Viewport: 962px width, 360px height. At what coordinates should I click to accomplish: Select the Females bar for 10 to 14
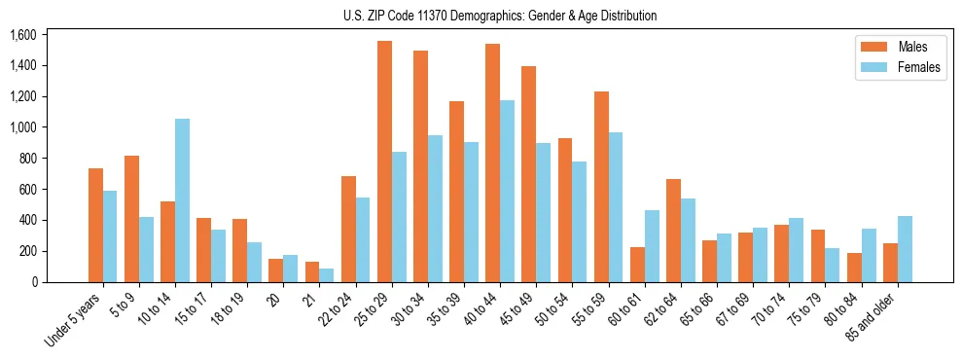pos(182,200)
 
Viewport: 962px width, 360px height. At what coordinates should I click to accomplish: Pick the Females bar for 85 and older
pos(905,249)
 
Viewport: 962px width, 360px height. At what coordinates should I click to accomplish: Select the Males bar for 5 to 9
pos(132,219)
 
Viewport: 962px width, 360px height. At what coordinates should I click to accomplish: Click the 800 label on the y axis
pos(27,159)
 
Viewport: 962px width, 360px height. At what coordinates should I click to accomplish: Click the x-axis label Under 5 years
pos(73,321)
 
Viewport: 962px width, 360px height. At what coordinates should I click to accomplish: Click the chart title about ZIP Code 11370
pos(500,16)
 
